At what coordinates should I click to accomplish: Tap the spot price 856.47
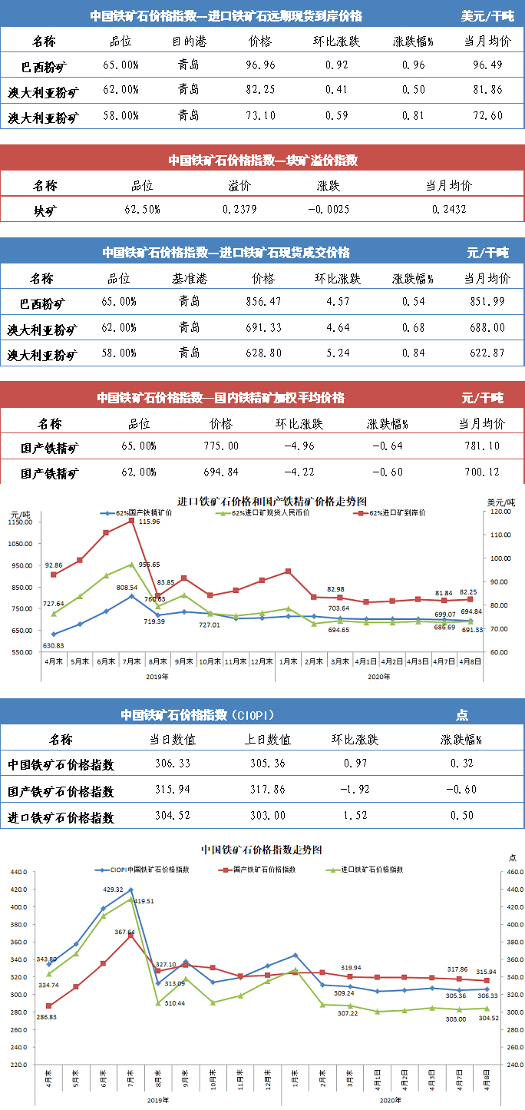tap(262, 302)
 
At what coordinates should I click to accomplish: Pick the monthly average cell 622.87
tap(487, 354)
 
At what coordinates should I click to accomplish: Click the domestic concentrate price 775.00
tap(221, 446)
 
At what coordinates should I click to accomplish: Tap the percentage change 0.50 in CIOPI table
tap(462, 817)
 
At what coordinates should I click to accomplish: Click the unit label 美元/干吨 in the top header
tap(487, 16)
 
